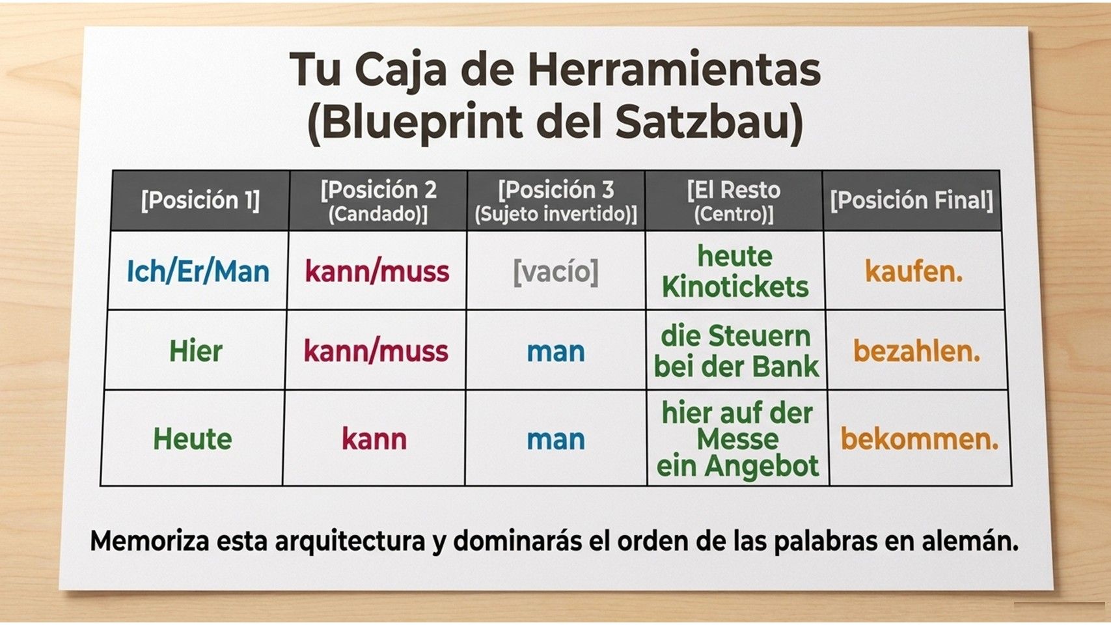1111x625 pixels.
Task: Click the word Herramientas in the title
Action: click(674, 70)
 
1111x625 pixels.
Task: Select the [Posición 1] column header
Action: click(200, 201)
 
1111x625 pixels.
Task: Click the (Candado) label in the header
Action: click(378, 215)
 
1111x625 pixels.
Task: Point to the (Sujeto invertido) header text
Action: click(556, 215)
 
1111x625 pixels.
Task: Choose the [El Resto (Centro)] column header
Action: click(734, 201)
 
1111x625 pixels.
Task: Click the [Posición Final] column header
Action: click(912, 201)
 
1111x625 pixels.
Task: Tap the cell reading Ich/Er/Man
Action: click(198, 272)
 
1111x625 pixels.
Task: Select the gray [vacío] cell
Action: click(556, 272)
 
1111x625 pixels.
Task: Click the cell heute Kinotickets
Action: click(735, 272)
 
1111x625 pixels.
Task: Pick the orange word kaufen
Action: click(914, 272)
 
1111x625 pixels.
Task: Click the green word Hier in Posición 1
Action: click(196, 351)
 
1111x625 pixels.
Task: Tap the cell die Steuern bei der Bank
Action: click(736, 351)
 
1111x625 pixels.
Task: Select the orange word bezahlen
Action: click(916, 351)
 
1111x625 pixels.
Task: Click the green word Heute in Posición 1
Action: click(193, 439)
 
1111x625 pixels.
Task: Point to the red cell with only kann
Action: click(374, 439)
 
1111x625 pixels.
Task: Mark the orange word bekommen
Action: click(920, 439)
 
